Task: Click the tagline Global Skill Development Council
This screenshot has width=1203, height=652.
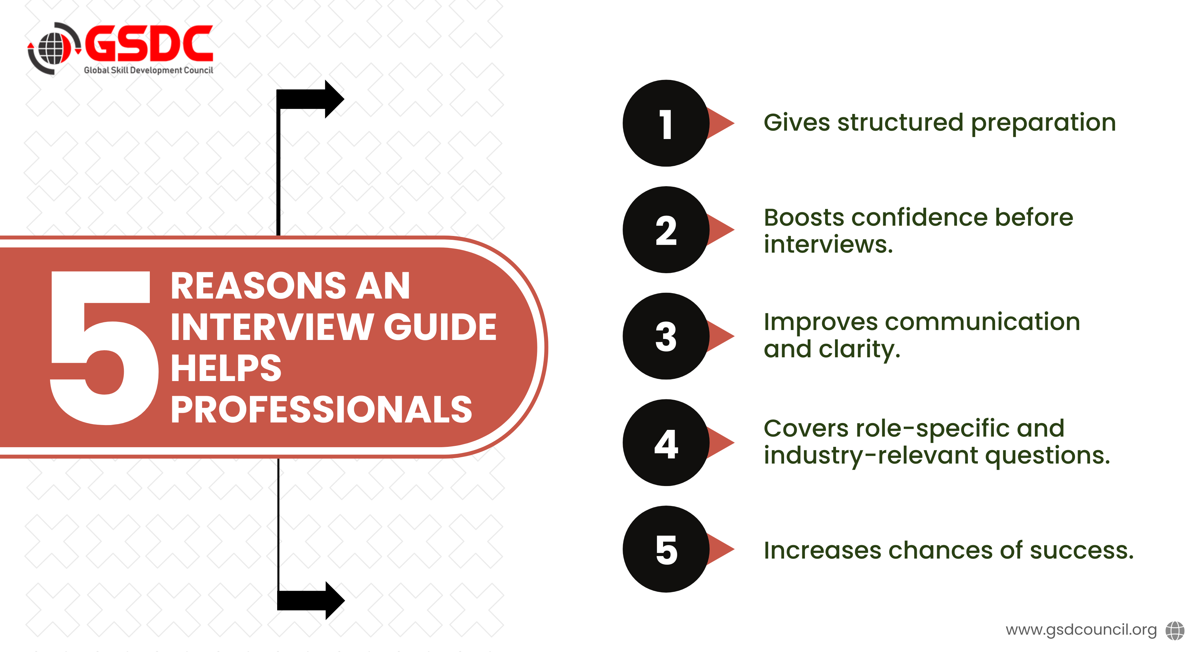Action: pos(149,70)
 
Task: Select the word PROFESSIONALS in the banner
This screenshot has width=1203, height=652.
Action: pos(321,409)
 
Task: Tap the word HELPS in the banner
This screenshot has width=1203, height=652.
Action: pos(226,368)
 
